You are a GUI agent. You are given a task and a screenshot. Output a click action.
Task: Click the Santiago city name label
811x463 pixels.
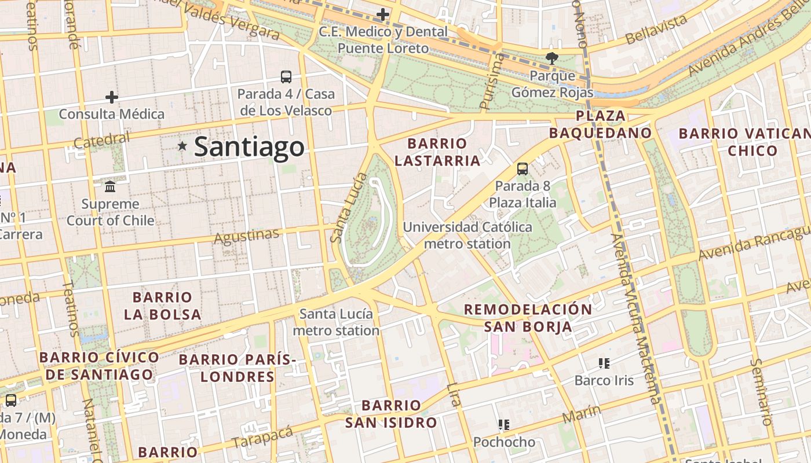click(x=249, y=146)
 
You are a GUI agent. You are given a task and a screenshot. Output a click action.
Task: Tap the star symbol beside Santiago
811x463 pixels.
click(x=182, y=146)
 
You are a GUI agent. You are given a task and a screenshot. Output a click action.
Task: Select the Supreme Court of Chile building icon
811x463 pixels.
click(x=110, y=186)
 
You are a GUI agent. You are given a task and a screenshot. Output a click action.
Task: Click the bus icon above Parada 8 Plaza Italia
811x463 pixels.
click(x=522, y=169)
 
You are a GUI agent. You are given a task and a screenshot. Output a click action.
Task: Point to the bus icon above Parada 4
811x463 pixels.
click(x=286, y=76)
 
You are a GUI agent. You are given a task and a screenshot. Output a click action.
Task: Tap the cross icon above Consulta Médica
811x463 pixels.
click(x=111, y=97)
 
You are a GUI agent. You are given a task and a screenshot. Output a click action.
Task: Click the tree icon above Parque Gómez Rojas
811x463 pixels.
click(x=551, y=58)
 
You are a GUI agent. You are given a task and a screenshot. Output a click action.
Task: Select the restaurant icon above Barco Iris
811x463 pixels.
click(x=604, y=363)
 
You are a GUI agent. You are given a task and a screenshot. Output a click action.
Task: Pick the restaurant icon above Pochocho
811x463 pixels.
click(x=504, y=425)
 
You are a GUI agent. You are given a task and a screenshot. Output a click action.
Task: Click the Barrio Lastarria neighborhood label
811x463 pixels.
click(x=437, y=152)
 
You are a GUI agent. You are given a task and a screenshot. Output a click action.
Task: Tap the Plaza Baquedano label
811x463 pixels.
click(x=600, y=124)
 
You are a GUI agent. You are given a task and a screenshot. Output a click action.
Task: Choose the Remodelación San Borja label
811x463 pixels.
click(x=528, y=317)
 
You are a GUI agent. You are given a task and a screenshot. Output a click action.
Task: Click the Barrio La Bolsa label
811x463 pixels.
click(x=162, y=306)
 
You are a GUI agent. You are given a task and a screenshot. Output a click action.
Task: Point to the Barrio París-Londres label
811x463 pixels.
click(x=237, y=368)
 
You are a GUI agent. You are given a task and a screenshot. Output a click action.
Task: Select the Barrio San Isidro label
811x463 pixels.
click(x=391, y=414)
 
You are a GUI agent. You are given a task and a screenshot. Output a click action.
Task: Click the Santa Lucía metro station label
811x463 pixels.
click(x=336, y=322)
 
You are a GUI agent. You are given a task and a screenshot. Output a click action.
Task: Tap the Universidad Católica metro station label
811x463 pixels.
click(x=467, y=235)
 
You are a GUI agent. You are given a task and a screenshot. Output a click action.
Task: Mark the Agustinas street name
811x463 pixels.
click(x=246, y=236)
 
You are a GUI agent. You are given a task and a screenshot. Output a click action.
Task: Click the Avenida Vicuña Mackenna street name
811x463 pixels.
click(x=635, y=318)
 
